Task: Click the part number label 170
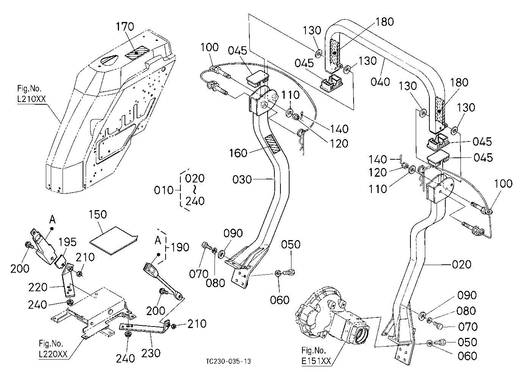tap(125, 27)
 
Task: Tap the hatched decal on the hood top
tap(137, 53)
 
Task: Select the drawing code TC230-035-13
tap(229, 361)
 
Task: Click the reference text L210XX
tap(31, 99)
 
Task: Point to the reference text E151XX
tap(316, 361)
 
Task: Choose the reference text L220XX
tap(53, 354)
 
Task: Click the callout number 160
tap(238, 153)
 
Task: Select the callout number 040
tap(381, 82)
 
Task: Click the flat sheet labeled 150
tap(114, 240)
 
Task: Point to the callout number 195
tap(67, 242)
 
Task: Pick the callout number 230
tap(151, 353)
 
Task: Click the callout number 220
tap(38, 287)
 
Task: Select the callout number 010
tap(164, 190)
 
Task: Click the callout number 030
tap(242, 179)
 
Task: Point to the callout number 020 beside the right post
tap(462, 264)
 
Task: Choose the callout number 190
tap(180, 247)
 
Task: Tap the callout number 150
tap(98, 214)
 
